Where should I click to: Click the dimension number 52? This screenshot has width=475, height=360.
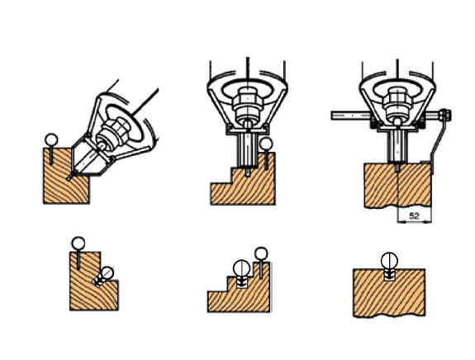coord(414,216)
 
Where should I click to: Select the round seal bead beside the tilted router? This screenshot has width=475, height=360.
coord(51,140)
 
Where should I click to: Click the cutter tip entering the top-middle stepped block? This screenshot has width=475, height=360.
coord(248,172)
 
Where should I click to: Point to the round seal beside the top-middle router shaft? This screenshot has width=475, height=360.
coord(266,144)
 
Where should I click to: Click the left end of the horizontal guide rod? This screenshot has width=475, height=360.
coord(333,116)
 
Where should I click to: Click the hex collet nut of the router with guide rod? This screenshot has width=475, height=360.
coord(397,101)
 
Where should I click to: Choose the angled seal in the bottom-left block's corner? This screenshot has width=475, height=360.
coord(103,277)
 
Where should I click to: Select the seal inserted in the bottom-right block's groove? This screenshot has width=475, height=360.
coord(389,266)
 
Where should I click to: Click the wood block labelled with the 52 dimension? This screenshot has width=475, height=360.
coord(397,185)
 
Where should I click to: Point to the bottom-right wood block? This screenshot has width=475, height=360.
coord(389,292)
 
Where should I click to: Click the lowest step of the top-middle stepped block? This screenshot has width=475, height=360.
coord(221,193)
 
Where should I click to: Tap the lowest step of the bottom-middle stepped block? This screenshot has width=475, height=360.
coord(217,301)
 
